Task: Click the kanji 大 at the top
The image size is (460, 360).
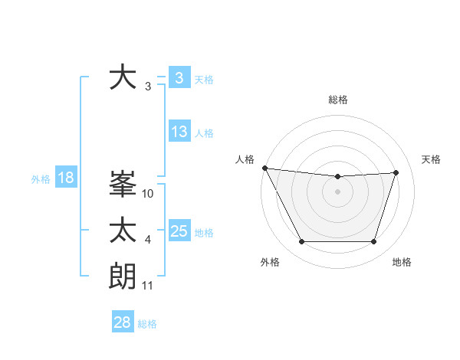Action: pos(123,77)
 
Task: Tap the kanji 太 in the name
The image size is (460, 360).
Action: pos(123,230)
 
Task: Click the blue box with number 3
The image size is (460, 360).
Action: pos(179,77)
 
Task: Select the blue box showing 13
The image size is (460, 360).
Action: pos(179,132)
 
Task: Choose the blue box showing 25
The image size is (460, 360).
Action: pos(179,231)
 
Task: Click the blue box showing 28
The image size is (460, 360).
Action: pos(122,322)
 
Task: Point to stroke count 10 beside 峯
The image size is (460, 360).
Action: pos(148,194)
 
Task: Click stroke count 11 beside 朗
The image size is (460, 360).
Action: pos(148,286)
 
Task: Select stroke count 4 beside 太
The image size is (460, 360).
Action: pos(148,241)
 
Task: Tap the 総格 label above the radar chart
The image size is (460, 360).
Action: pos(337,100)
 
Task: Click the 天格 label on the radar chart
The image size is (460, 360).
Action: pos(431,159)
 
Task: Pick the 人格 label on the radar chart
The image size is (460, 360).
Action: pos(245,159)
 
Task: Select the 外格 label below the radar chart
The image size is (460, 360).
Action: pos(270,262)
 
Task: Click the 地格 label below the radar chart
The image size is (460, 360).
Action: pos(402,262)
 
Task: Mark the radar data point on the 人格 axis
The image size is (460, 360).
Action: pos(264,168)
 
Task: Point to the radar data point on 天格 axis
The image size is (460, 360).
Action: pos(396,172)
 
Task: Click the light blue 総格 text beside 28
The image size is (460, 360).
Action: pos(147,324)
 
